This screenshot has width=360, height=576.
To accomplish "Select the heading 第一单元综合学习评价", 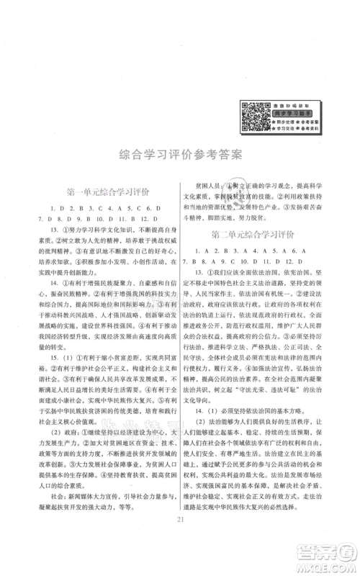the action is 107,192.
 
